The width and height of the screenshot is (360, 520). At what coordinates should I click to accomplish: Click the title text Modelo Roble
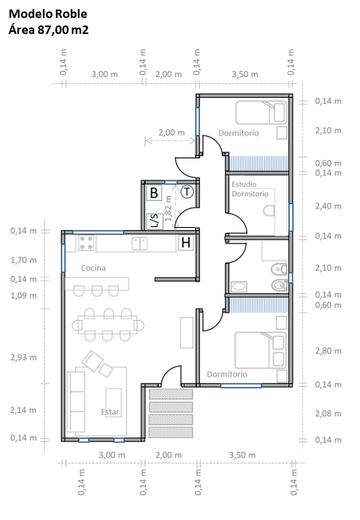pos(48,14)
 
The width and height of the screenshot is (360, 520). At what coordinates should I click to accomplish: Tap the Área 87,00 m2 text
pos(48,29)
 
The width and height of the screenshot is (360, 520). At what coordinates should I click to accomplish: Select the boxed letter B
pos(154,192)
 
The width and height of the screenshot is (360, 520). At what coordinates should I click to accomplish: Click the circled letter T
pos(187,191)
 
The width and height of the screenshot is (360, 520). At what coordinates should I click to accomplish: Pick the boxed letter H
pos(186,243)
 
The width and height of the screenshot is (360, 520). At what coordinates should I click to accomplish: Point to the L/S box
pos(154,221)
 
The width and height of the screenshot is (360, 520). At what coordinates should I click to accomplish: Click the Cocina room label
pos(93,268)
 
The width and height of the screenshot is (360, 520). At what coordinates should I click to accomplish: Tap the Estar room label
pos(110,412)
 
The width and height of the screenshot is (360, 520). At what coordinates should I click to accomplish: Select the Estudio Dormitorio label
pos(250,189)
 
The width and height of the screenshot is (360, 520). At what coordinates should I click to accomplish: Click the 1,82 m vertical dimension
pos(169,208)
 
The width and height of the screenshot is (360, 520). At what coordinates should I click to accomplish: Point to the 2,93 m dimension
pos(23,357)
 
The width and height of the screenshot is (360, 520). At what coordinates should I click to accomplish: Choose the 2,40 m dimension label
pos(328,206)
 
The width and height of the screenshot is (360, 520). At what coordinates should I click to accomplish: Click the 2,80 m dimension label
pos(328,351)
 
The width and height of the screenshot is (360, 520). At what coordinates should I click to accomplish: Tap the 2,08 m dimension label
pos(328,413)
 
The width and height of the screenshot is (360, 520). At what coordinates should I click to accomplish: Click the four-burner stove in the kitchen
pos(86,243)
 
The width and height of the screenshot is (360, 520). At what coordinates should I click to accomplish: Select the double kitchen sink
pos(140,244)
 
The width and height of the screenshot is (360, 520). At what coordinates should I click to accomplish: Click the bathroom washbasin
pos(239,287)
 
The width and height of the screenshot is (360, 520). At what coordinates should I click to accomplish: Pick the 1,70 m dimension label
pos(23,261)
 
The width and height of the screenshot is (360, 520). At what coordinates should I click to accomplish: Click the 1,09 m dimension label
pos(23,296)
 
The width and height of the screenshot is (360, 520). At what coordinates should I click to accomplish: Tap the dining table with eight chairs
pos(108,325)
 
